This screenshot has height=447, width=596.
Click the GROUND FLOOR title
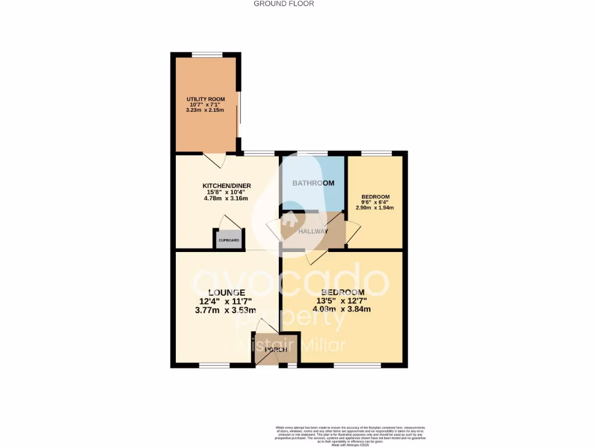(284, 3)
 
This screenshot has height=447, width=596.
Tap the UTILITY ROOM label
(205, 100)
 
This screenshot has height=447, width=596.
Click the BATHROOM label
(313, 183)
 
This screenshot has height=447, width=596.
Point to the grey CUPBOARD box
(228, 240)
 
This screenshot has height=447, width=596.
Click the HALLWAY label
(313, 231)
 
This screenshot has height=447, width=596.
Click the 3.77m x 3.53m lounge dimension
(226, 310)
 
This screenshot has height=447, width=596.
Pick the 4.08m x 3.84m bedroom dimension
(342, 309)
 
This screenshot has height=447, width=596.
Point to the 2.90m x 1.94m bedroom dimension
(375, 208)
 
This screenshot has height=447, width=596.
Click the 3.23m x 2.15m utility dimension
(205, 109)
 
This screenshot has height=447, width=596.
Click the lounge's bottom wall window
(215, 366)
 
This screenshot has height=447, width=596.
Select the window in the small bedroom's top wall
(376, 153)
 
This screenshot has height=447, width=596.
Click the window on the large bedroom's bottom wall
(357, 366)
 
